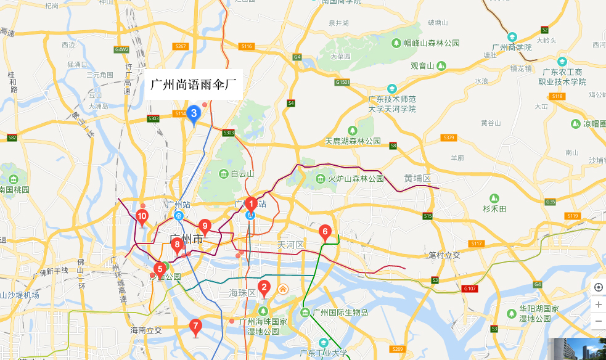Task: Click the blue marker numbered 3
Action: (194, 113)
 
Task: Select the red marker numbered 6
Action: (325, 232)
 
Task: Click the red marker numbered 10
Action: (142, 216)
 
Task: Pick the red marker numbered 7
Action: (195, 326)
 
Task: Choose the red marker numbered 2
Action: (264, 287)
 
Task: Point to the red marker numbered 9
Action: (205, 226)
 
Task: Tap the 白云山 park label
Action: (236, 174)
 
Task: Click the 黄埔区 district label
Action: (417, 178)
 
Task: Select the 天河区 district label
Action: (290, 245)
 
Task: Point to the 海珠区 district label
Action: (242, 293)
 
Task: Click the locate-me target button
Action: (598, 288)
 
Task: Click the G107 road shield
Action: (470, 288)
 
